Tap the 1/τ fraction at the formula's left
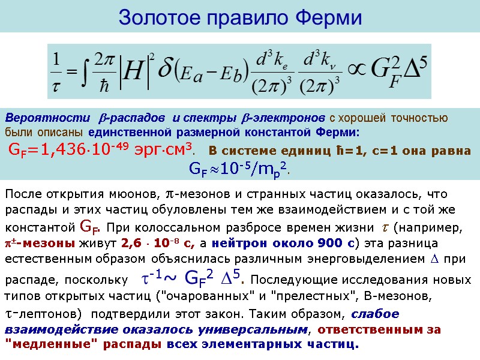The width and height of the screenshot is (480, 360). [x=58, y=71]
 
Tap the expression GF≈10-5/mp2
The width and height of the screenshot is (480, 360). [x=239, y=169]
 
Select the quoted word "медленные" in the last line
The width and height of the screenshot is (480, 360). [x=37, y=344]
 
